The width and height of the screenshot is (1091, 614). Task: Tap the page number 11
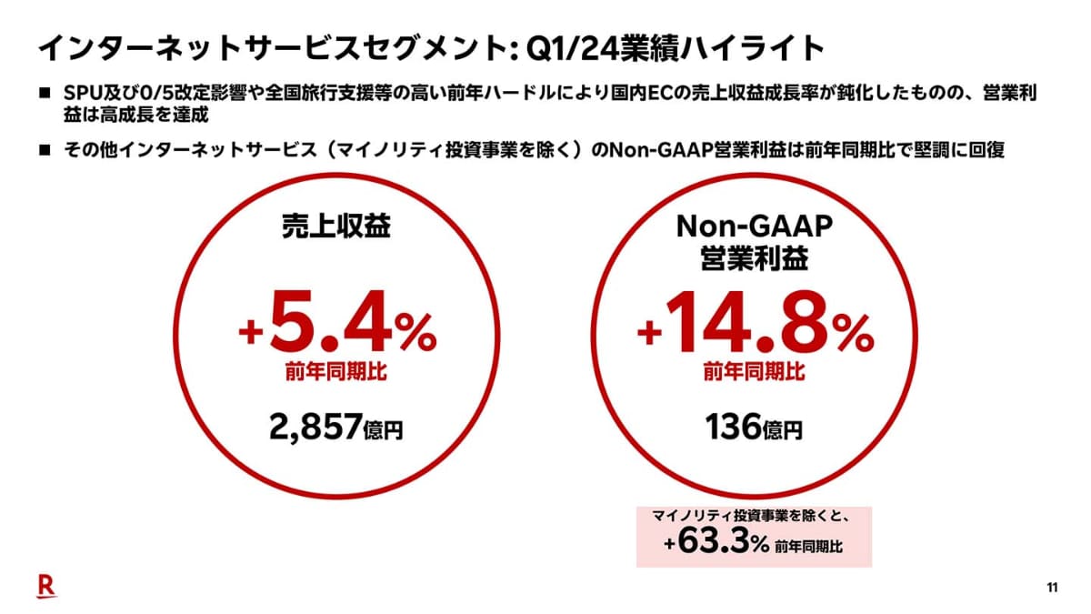[1052, 588]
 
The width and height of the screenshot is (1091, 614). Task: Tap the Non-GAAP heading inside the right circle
[755, 225]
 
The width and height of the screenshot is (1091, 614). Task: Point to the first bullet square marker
[44, 95]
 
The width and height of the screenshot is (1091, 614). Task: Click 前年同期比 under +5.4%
[335, 372]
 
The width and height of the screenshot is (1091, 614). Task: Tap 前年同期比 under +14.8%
[755, 372]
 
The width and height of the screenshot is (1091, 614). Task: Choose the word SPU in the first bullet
[83, 95]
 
